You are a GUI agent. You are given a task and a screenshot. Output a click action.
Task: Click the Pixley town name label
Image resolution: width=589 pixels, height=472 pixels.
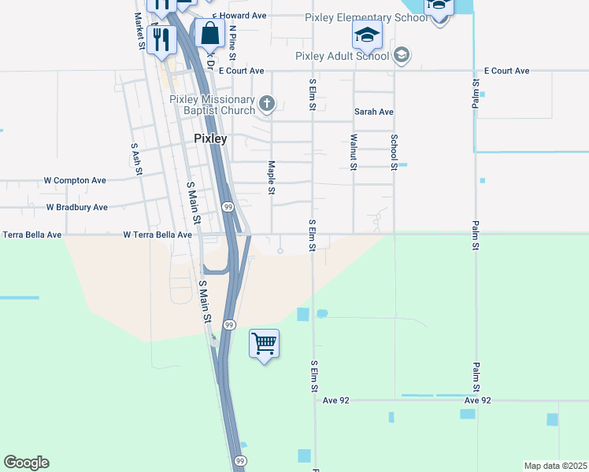tap(210, 138)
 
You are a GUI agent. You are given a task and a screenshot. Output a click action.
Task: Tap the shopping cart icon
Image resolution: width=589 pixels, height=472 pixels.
tap(264, 343)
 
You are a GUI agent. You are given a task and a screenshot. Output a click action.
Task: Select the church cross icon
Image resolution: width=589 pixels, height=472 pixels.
tap(267, 102)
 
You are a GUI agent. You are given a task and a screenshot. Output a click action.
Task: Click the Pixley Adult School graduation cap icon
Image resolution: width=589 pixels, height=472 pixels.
tap(402, 54)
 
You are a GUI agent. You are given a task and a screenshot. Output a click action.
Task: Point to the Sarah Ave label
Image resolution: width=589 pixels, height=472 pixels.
tap(373, 112)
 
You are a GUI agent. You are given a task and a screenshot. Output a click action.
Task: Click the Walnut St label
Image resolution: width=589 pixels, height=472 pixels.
tap(354, 152)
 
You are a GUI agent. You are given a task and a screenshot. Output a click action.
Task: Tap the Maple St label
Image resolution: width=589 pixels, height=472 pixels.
tap(272, 178)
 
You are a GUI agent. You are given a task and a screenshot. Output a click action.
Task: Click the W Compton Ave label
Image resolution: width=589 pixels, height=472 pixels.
tap(75, 180)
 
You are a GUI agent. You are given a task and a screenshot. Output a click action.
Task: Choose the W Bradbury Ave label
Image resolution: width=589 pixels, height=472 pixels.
tap(76, 208)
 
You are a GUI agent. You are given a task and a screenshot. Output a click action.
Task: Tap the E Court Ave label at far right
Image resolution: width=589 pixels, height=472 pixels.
tap(506, 71)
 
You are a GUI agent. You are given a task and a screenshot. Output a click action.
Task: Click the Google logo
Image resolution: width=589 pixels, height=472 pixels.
tap(26, 463)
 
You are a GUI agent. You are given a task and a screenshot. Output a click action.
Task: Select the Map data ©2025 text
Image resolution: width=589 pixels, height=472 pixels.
tap(556, 466)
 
